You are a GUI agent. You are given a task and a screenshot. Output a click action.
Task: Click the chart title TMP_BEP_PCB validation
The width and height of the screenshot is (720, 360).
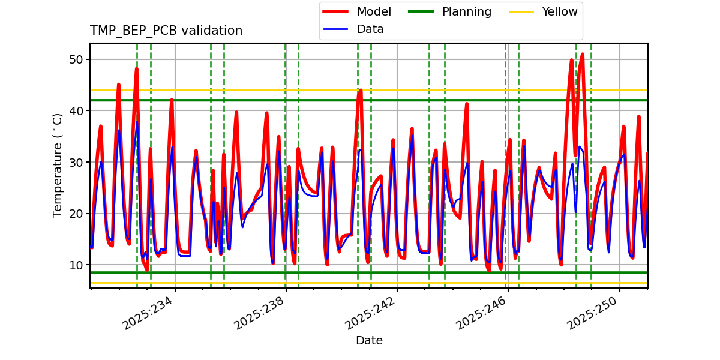tap(166, 31)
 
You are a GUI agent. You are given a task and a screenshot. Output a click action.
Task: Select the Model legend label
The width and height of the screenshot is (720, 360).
tap(374, 12)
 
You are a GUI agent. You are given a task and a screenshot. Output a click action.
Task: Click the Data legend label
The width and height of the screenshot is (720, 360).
tap(370, 29)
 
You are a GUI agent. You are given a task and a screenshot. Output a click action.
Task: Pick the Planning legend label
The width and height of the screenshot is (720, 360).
tap(466, 12)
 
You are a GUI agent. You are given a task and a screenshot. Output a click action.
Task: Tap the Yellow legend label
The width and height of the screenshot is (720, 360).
tap(559, 12)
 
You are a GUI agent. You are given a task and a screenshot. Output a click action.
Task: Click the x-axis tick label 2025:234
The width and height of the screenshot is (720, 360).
tap(148, 313)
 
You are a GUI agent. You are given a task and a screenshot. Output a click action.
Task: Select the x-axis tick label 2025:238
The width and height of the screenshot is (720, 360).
tap(259, 313)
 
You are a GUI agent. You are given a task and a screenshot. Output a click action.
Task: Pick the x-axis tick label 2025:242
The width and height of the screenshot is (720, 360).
tap(370, 313)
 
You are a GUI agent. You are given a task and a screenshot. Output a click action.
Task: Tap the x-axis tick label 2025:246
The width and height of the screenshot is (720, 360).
tap(481, 313)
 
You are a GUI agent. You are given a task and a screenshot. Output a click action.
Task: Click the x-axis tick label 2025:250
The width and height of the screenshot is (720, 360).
tap(593, 313)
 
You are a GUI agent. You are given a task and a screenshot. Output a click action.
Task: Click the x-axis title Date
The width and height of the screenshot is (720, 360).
tap(369, 341)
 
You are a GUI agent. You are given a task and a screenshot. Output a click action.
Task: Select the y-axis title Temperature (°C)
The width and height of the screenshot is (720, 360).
tap(58, 166)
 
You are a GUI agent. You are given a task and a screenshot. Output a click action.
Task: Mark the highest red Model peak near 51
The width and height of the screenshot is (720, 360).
tap(582, 55)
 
